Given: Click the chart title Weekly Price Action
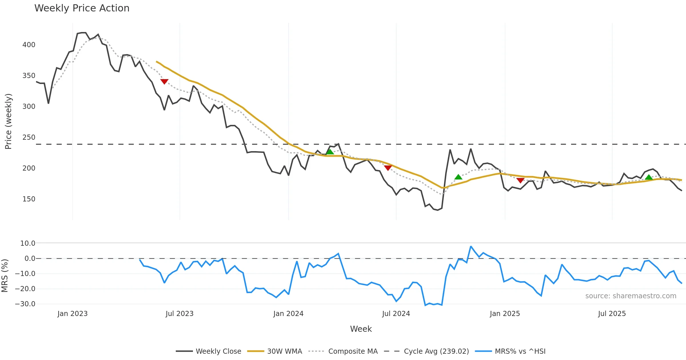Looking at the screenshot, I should (x=82, y=8).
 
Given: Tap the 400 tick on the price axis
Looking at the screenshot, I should (x=29, y=45).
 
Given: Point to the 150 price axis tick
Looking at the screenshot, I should (x=29, y=199).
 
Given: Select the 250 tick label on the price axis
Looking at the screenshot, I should (x=29, y=137).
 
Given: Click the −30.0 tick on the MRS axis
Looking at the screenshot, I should (x=25, y=304).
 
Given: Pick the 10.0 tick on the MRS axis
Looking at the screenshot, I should (x=28, y=243).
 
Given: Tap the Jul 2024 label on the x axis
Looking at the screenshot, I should (x=396, y=314).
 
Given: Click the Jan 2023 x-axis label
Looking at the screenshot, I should (x=72, y=314).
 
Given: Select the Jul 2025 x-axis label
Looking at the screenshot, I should (x=612, y=314).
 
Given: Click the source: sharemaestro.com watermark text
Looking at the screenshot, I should (x=631, y=296).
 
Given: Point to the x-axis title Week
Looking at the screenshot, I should (x=361, y=329).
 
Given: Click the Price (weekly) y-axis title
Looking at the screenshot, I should (x=8, y=121).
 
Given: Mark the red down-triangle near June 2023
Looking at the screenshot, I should (x=164, y=81).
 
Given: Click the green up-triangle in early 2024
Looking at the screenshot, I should (x=330, y=152).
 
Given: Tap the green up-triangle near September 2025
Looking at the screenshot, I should (x=649, y=177).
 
